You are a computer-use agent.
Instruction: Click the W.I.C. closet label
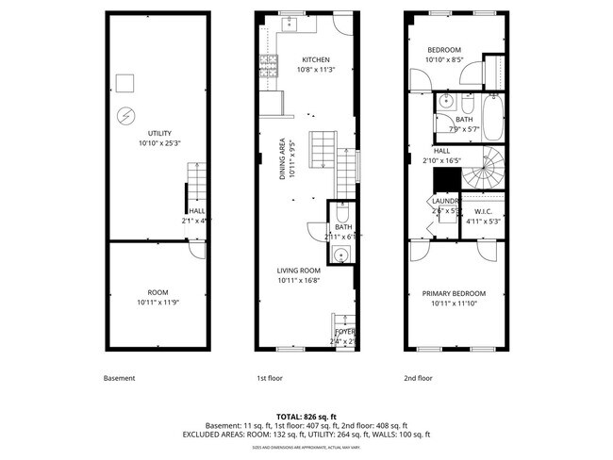[x=484, y=211]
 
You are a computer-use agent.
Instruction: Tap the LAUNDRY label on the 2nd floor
[x=445, y=201]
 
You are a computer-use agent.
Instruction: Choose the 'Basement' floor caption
[x=120, y=378]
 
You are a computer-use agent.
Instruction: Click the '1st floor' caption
[x=270, y=378]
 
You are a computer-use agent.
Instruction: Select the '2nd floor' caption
[x=418, y=378]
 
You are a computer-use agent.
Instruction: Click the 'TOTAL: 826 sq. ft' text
[x=306, y=416]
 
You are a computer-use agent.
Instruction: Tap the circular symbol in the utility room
[x=124, y=116]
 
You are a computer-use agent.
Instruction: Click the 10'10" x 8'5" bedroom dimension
[x=443, y=59]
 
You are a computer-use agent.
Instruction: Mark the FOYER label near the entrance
[x=344, y=332]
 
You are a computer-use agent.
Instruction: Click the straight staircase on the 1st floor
[x=323, y=151]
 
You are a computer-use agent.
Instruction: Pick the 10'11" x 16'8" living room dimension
[x=299, y=281]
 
